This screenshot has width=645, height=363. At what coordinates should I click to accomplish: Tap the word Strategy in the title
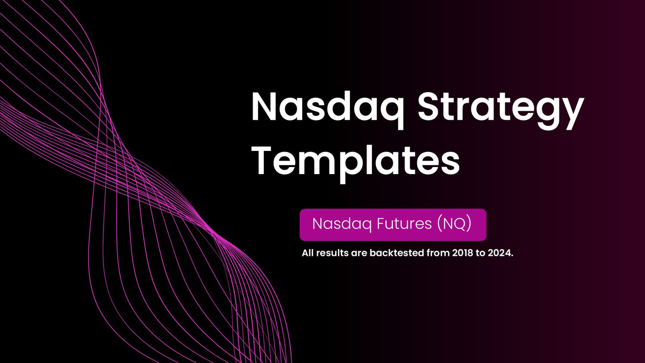coord(500,108)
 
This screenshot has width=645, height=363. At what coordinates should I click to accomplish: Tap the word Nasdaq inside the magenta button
coord(342,224)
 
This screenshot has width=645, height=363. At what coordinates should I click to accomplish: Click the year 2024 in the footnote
coord(502,254)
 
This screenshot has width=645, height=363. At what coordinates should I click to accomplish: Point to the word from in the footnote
coord(437,254)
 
